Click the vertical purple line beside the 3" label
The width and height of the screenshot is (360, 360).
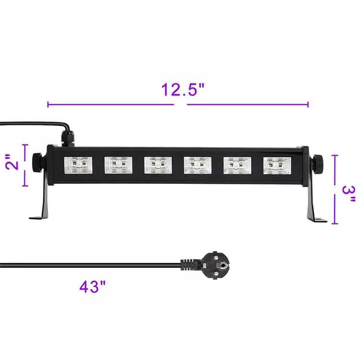coord(336,189)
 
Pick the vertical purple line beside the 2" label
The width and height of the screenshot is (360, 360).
coord(25,165)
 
